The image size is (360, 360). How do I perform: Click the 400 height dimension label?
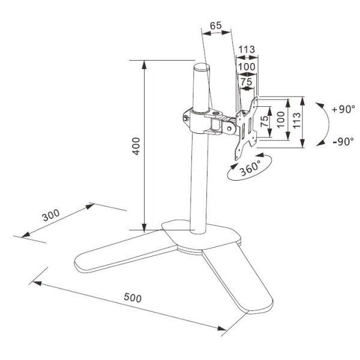pyautogui.click(x=136, y=146)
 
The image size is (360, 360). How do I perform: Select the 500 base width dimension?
pyautogui.click(x=133, y=298)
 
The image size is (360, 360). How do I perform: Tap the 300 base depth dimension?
pyautogui.click(x=51, y=215)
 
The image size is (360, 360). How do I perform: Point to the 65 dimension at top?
pyautogui.click(x=216, y=26)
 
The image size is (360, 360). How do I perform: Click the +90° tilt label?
pyautogui.click(x=343, y=109)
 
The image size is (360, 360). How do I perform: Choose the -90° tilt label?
pyautogui.click(x=343, y=142)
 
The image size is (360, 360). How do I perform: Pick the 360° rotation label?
pyautogui.click(x=250, y=168)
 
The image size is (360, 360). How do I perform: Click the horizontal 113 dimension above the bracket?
pyautogui.click(x=247, y=49)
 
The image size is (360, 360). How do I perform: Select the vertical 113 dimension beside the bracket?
pyautogui.click(x=296, y=121)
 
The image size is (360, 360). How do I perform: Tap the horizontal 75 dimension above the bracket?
pyautogui.click(x=247, y=82)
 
